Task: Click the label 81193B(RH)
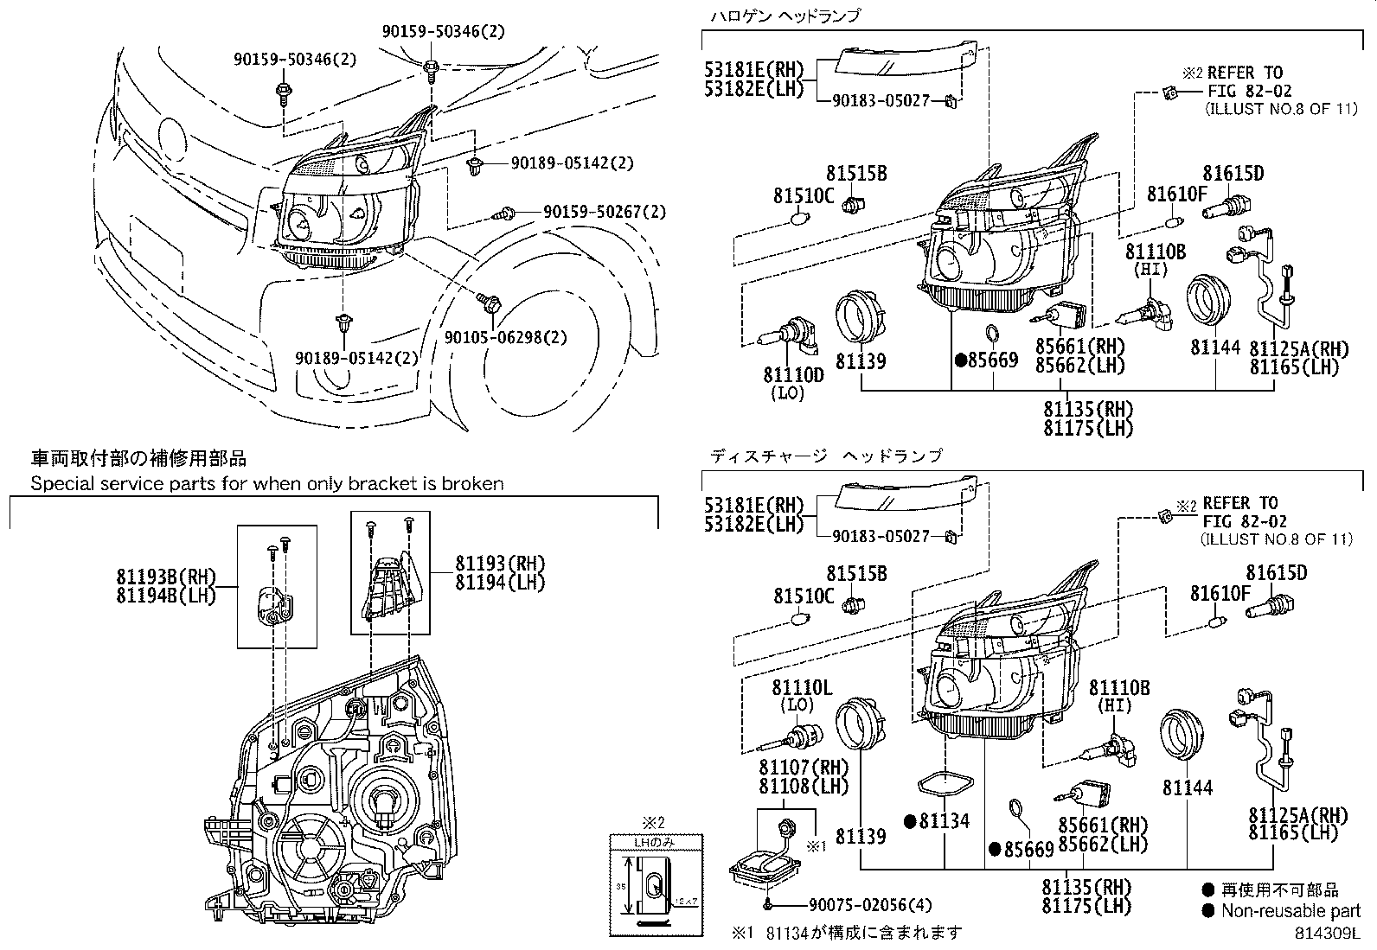[x=164, y=576]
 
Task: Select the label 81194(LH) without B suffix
[x=500, y=583]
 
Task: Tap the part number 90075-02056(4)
[x=870, y=906]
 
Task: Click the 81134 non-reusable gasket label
[x=943, y=821]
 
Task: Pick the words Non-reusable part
[x=1291, y=910]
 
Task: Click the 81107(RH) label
[x=804, y=767]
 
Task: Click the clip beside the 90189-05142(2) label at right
[x=474, y=166]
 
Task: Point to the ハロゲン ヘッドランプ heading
[x=785, y=16]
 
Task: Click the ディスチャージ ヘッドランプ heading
[x=826, y=455]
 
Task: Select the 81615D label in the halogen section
[x=1233, y=174]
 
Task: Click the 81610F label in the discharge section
[x=1220, y=593]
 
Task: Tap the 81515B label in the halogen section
[x=855, y=174]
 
